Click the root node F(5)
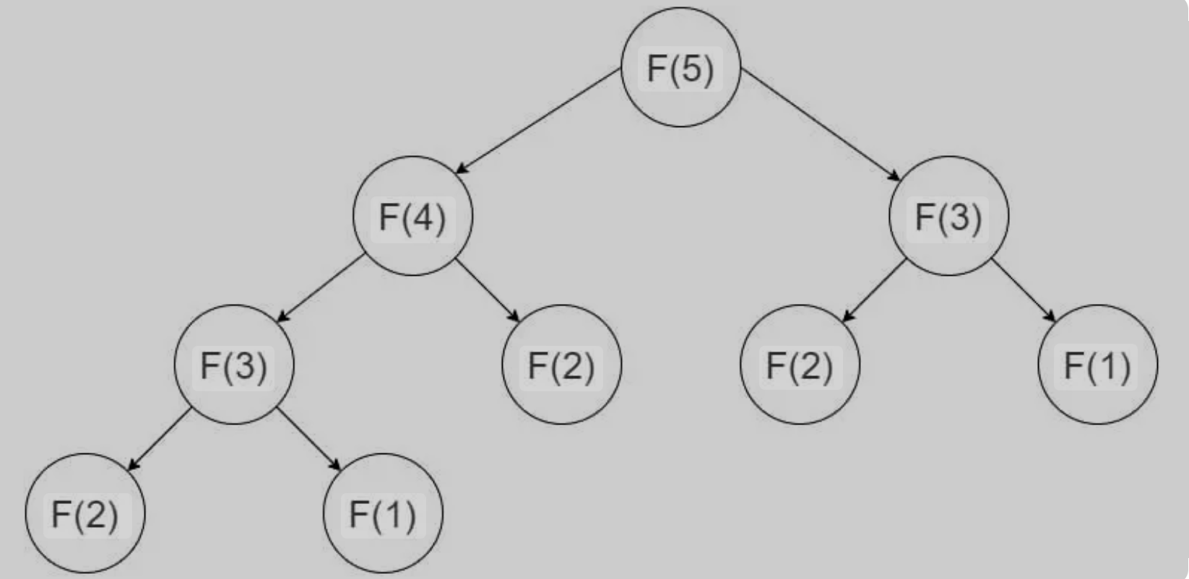click(x=680, y=68)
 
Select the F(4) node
click(x=412, y=216)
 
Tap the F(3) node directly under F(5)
click(x=948, y=216)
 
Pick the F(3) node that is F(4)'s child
click(x=234, y=365)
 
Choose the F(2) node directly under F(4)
click(x=561, y=365)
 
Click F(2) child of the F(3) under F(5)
click(x=800, y=365)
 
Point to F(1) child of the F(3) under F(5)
click(x=1097, y=365)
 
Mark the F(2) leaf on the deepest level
click(x=85, y=513)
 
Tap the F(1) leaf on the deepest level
click(x=383, y=513)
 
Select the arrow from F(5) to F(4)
click(x=539, y=120)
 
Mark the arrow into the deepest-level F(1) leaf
click(x=309, y=439)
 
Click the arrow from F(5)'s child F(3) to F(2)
click(x=874, y=289)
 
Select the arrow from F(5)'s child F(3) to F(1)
click(x=1024, y=289)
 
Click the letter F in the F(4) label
click(x=388, y=217)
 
